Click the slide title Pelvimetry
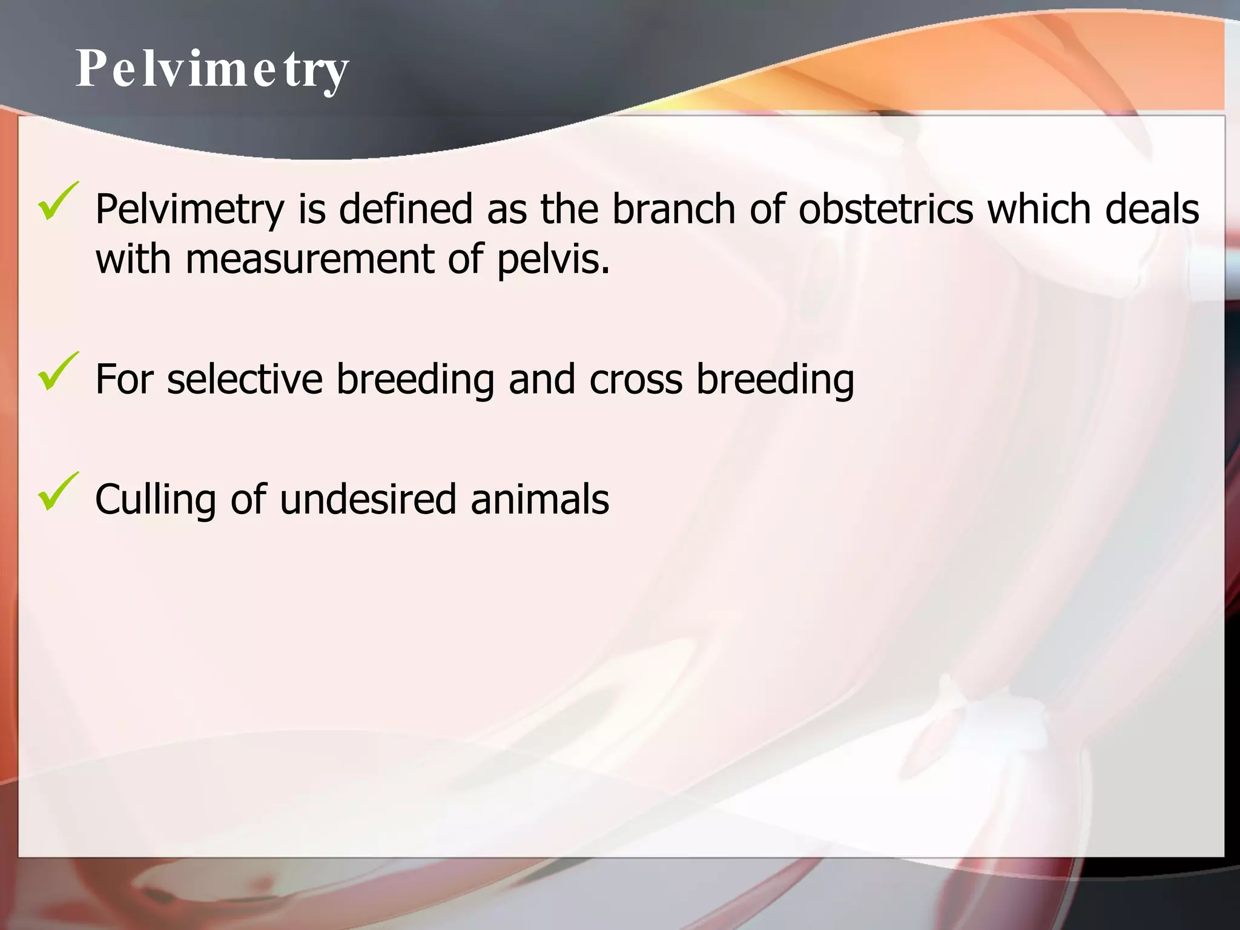coord(212,70)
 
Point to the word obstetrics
coord(886,209)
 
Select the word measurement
coord(309,259)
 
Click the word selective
coord(245,379)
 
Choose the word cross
coord(636,380)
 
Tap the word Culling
coord(156,500)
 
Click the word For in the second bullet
coord(124,379)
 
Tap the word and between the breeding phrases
coord(541,379)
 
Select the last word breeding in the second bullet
coord(775,380)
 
